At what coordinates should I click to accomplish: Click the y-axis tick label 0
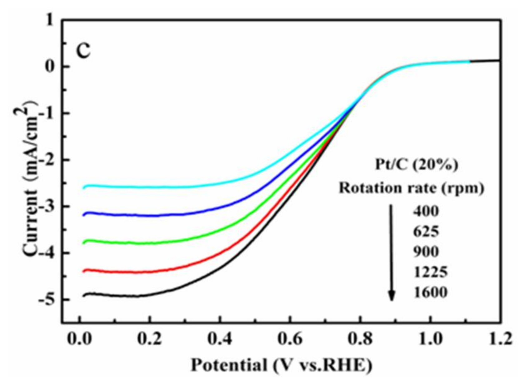tap(50, 67)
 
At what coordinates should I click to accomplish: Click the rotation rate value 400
tap(426, 212)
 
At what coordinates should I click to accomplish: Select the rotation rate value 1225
tap(430, 272)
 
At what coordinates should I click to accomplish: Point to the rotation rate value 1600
tap(430, 292)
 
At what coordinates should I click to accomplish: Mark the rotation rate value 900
tap(426, 252)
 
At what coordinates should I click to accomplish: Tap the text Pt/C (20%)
tap(416, 165)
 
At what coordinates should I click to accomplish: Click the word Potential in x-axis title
tap(229, 365)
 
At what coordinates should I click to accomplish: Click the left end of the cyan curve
tap(83, 187)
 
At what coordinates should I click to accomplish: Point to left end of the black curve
tap(83, 296)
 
